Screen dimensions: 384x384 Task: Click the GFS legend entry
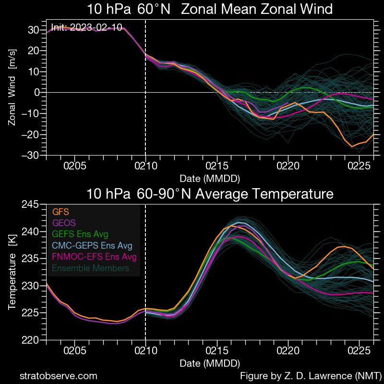coord(60,211)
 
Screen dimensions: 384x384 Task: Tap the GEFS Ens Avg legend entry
coord(80,234)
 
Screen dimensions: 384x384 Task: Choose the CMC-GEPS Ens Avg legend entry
coord(92,246)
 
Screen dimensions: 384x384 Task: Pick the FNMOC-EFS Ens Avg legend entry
coord(94,257)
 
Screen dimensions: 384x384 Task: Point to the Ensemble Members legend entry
coord(91,268)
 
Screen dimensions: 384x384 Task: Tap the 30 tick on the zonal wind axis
coord(33,30)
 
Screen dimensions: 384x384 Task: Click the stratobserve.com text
coord(58,376)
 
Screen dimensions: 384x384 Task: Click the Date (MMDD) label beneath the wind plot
coord(210,178)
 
